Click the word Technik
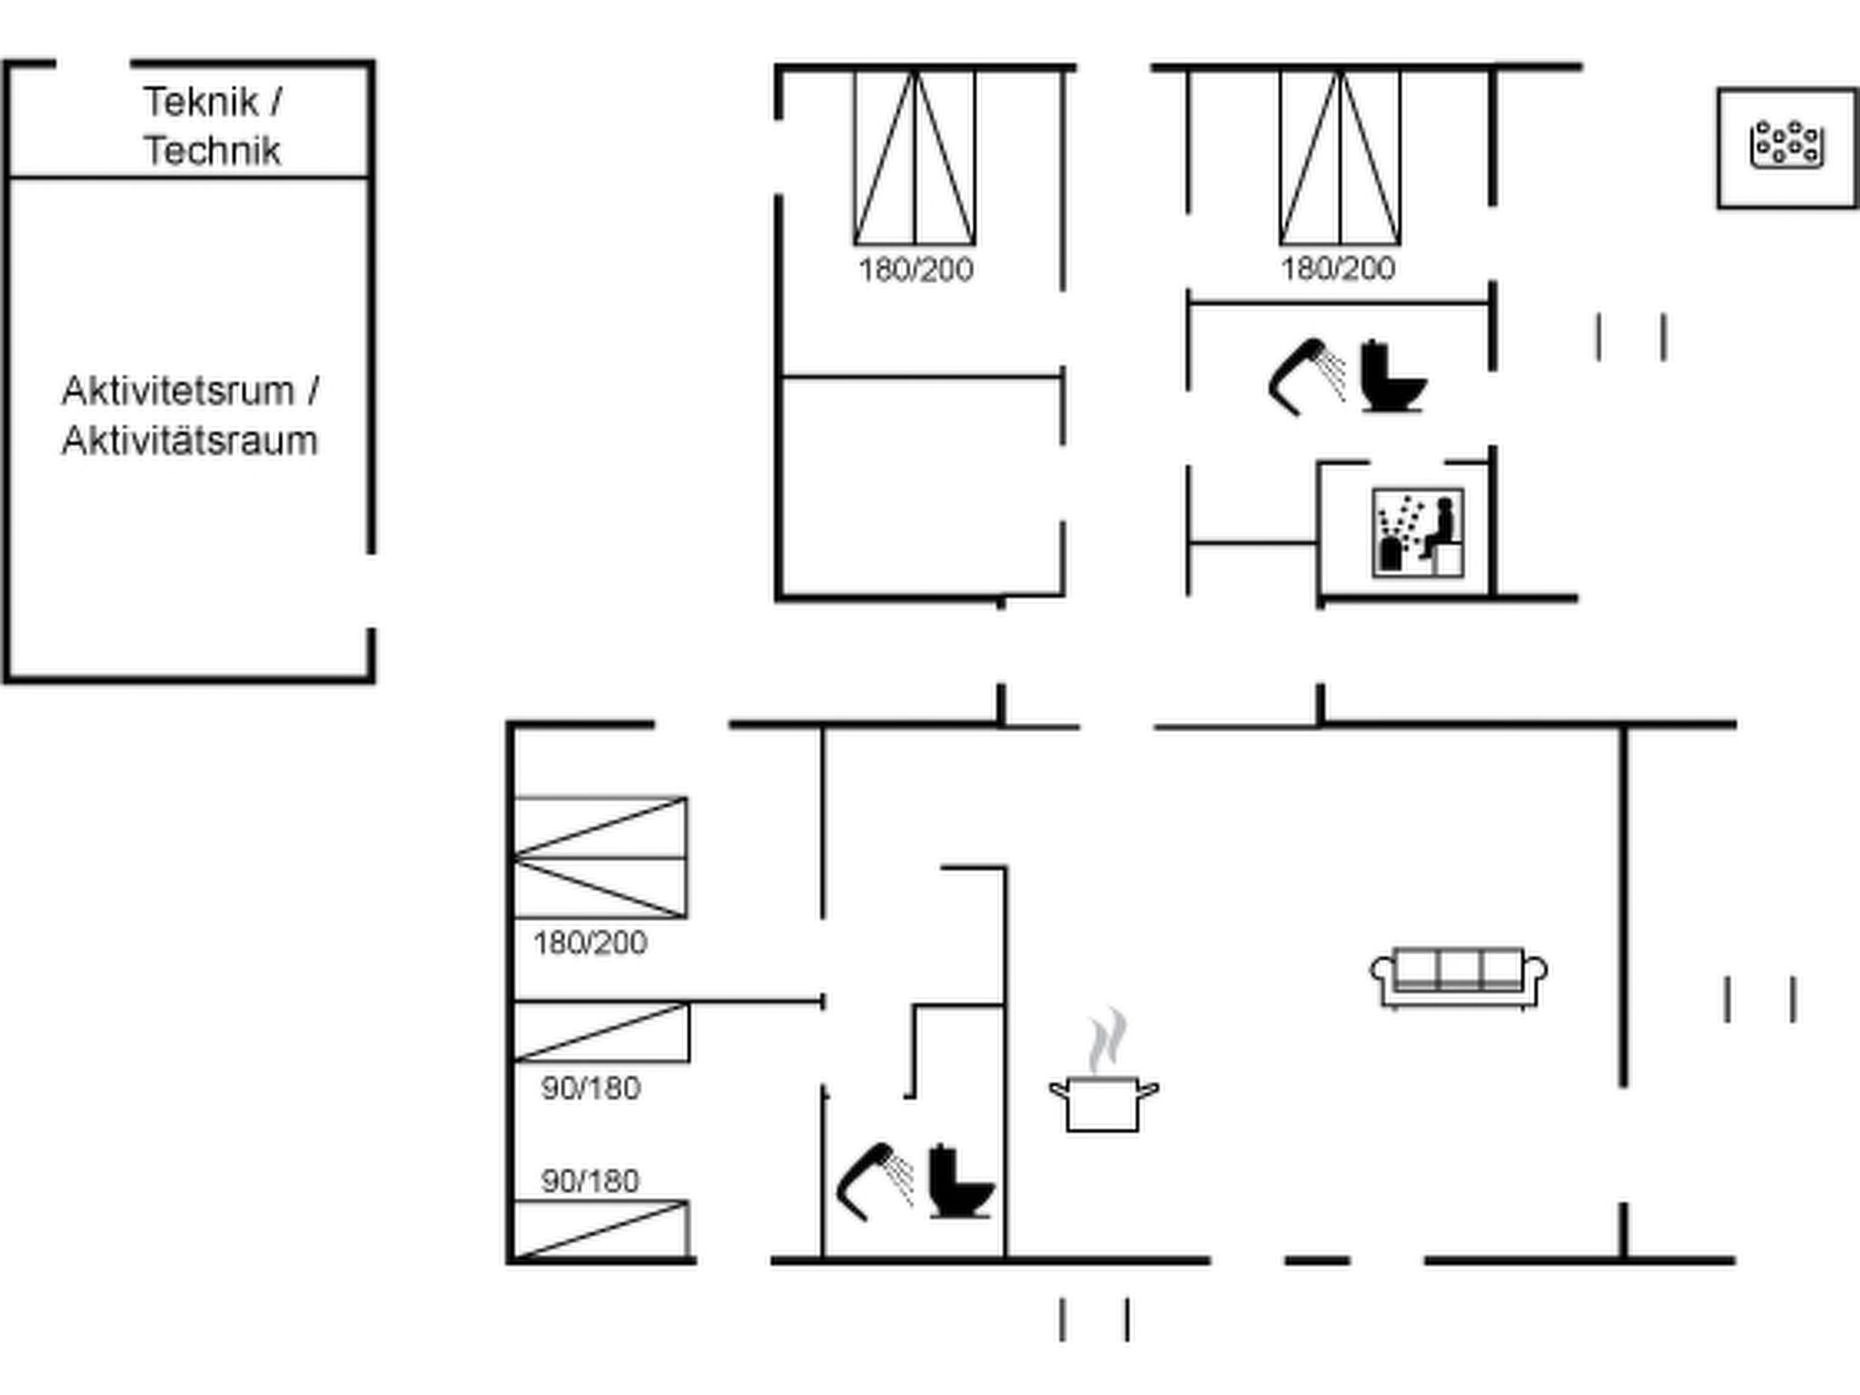[x=213, y=151]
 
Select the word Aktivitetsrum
[x=178, y=391]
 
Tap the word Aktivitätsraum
[x=190, y=441]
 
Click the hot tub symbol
[x=1786, y=145]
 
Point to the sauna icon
[x=1418, y=533]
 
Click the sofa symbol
[x=1459, y=978]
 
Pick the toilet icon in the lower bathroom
[x=961, y=1181]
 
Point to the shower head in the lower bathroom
[x=875, y=1181]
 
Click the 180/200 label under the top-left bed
[x=915, y=270]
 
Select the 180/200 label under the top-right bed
[x=1338, y=269]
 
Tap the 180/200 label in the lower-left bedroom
[x=590, y=944]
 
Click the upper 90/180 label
[x=591, y=1088]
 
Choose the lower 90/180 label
[x=590, y=1182]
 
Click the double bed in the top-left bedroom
[x=915, y=158]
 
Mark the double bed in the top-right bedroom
[x=1340, y=158]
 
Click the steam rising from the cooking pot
[x=1108, y=1040]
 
